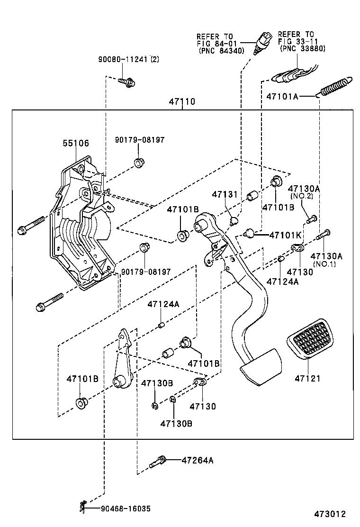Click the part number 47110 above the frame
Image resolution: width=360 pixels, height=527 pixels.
point(182,102)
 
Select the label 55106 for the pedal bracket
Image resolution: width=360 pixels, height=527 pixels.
point(76,143)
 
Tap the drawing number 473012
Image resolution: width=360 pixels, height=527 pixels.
point(329,514)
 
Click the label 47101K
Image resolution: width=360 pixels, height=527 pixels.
point(286,235)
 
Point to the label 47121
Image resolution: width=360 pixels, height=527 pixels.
point(307,378)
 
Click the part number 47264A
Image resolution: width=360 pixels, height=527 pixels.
point(198,460)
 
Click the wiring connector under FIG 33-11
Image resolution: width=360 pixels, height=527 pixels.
point(289,75)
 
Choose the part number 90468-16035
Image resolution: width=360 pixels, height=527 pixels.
point(126,509)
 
